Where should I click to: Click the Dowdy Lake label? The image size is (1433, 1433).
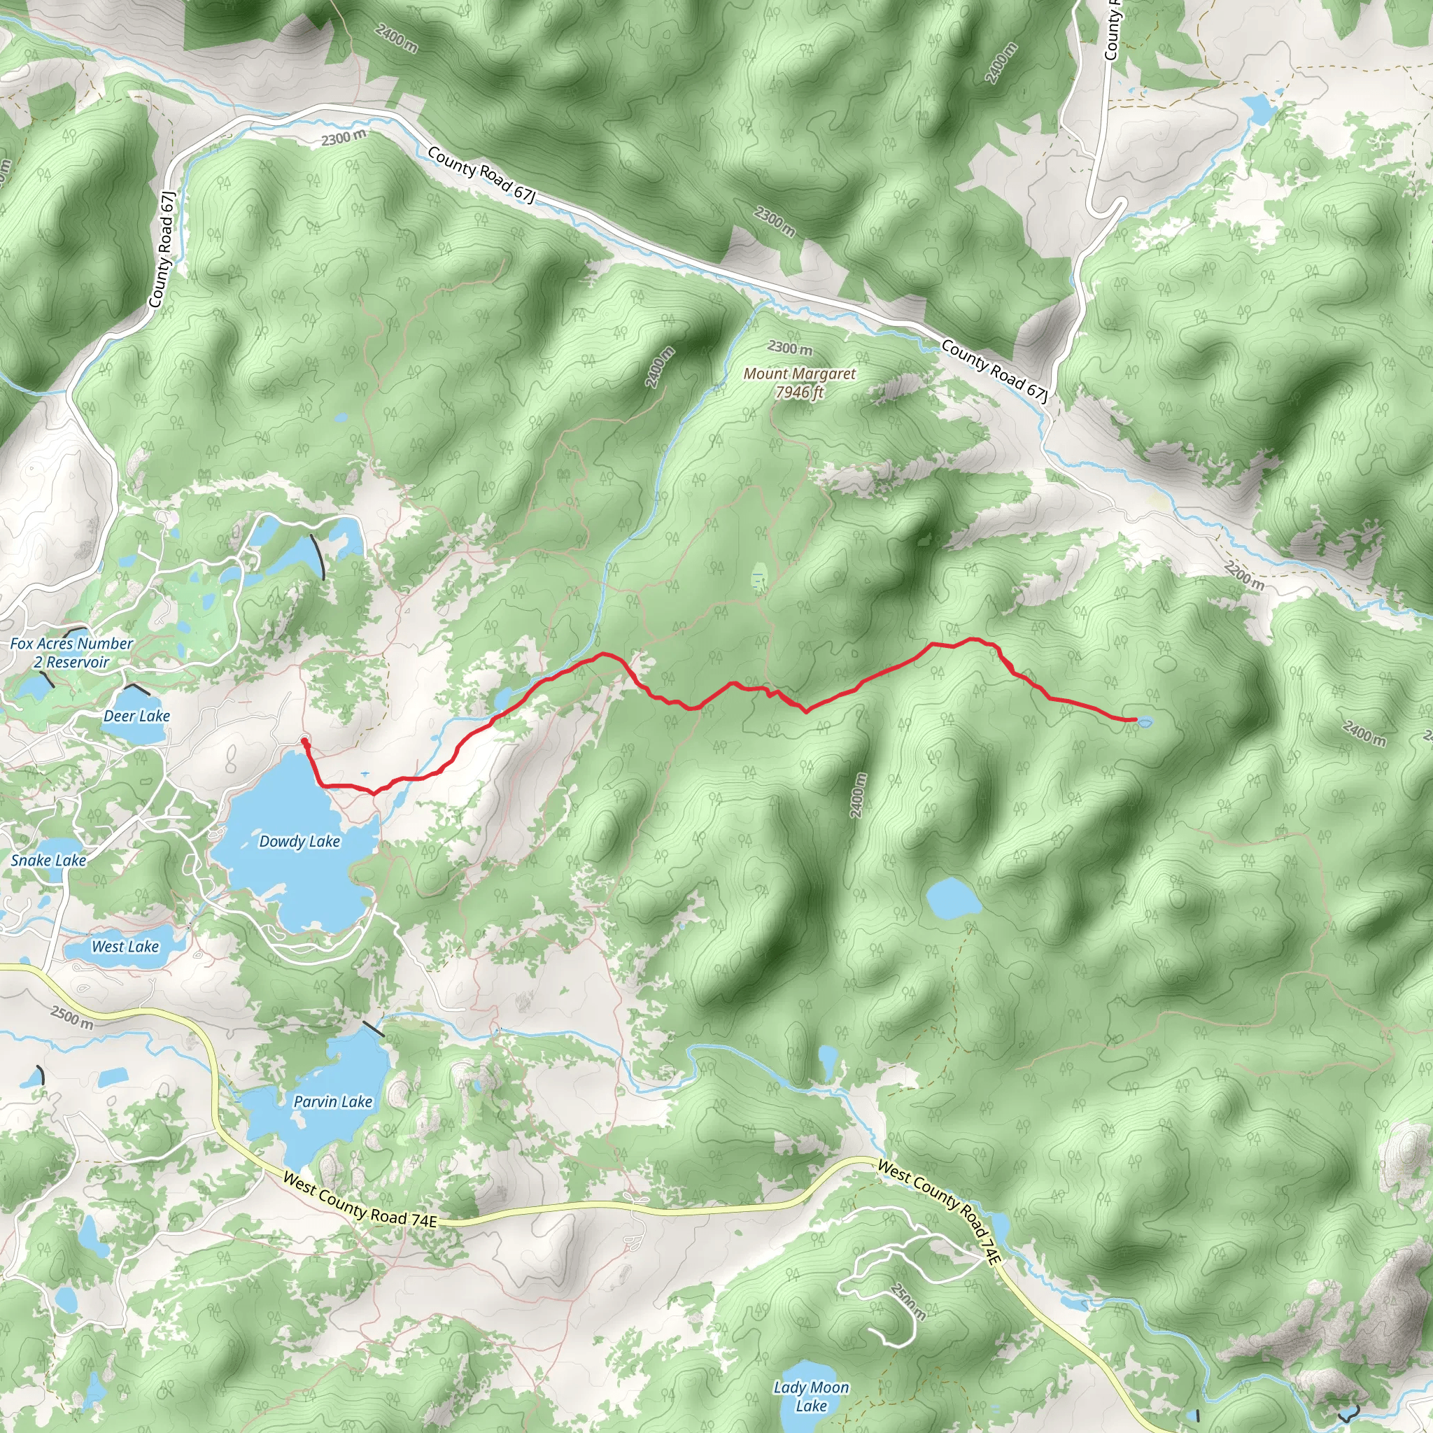[x=299, y=841]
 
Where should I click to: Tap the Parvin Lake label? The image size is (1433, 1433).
[x=332, y=1101]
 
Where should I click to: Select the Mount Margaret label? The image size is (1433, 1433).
[x=800, y=374]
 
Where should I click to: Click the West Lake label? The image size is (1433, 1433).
[x=125, y=947]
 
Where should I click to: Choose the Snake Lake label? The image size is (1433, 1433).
[x=48, y=860]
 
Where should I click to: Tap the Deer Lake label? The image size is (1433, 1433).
[x=136, y=716]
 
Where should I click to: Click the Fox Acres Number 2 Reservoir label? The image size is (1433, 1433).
[x=71, y=653]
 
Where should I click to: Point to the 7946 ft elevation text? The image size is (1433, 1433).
[x=799, y=393]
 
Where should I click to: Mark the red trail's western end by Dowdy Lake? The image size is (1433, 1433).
[x=304, y=740]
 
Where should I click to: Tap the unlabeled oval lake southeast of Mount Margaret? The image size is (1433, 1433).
[x=953, y=897]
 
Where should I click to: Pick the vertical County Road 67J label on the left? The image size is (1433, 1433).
[x=162, y=249]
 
